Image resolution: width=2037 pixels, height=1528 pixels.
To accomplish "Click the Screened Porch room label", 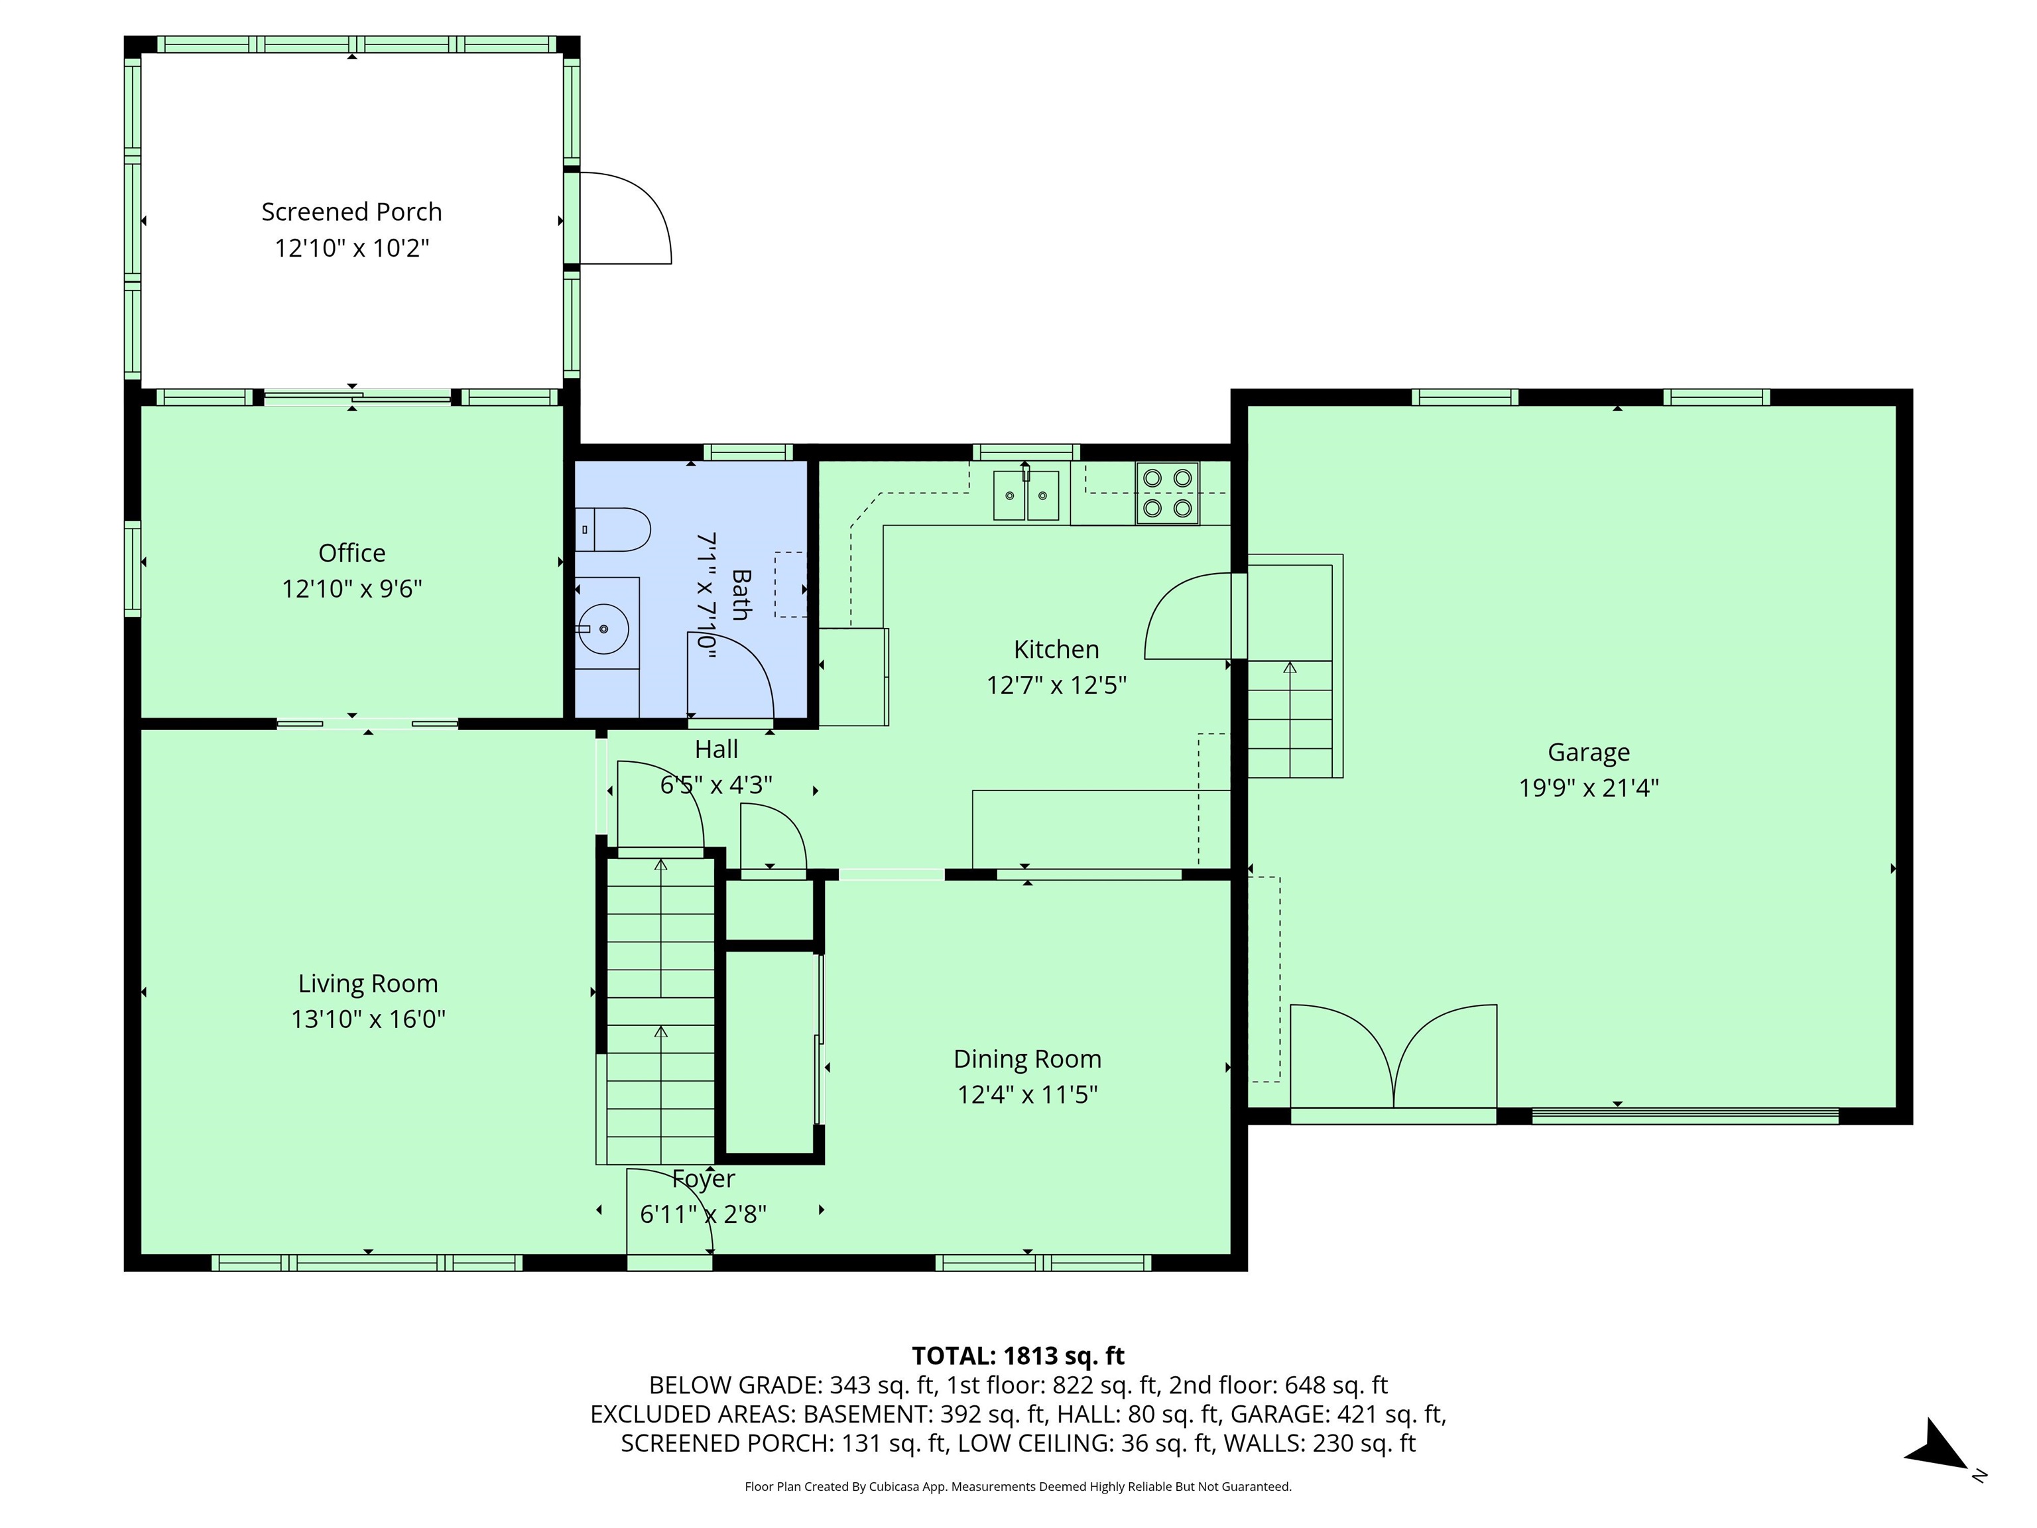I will tap(352, 212).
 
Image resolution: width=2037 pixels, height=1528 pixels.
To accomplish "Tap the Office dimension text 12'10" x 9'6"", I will tap(352, 588).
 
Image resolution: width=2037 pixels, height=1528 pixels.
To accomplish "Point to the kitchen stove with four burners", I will tap(1167, 493).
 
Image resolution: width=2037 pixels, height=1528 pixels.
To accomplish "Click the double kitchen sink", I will tap(1026, 495).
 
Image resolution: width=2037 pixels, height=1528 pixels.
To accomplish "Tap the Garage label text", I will tap(1589, 753).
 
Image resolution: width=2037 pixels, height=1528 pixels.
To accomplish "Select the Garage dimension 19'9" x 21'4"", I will tap(1589, 789).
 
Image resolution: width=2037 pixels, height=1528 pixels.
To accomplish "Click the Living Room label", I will tap(367, 984).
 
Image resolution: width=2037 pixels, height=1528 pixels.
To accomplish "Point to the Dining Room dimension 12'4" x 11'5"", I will tap(1026, 1095).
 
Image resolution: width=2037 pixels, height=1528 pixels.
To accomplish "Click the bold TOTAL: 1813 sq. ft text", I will tap(1018, 1356).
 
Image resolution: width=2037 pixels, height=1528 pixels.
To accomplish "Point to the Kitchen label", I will tap(1056, 649).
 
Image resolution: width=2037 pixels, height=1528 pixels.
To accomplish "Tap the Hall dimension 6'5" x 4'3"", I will tap(716, 785).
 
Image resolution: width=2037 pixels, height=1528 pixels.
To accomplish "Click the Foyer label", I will tap(704, 1179).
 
